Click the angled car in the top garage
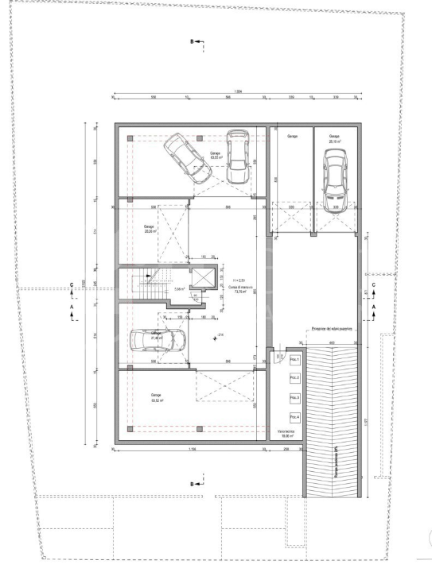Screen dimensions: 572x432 [x=185, y=155]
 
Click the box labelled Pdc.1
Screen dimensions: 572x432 [x=294, y=361]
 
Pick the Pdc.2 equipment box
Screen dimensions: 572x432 [x=294, y=378]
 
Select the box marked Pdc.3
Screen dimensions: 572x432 [x=294, y=397]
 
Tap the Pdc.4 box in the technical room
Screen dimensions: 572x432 [x=294, y=417]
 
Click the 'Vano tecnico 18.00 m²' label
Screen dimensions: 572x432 [x=286, y=434]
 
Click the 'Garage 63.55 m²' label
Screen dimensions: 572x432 [x=215, y=156]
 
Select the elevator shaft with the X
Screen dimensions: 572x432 [x=204, y=280]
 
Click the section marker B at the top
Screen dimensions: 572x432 [x=191, y=40]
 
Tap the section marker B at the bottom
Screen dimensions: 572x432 [x=191, y=484]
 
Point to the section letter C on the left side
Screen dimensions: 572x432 [x=73, y=284]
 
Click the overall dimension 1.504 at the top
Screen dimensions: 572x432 [x=237, y=91]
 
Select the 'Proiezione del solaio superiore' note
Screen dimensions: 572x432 [x=332, y=327]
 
